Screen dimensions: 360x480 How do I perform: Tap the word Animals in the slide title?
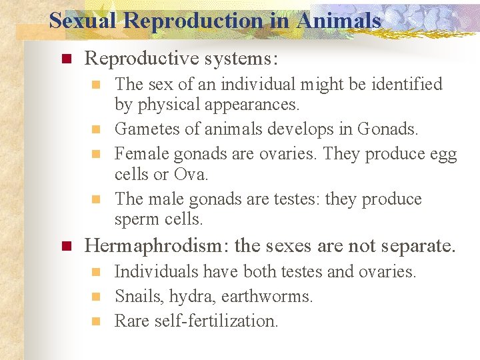click(x=339, y=21)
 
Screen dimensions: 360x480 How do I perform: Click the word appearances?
click(x=253, y=105)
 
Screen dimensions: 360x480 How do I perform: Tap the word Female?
click(x=141, y=154)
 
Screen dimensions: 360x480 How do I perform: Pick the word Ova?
click(x=191, y=175)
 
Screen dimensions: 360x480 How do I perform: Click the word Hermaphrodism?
click(x=156, y=246)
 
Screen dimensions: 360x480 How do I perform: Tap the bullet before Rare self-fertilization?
click(x=97, y=321)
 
